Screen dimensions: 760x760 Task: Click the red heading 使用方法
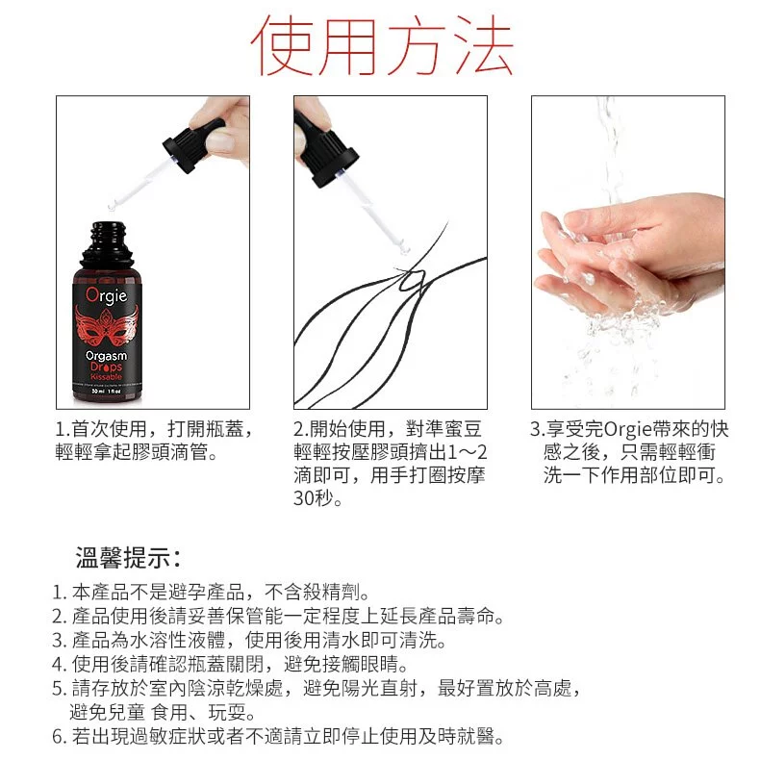382,46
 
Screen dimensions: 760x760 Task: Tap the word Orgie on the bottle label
107,295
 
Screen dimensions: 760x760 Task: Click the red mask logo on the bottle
107,326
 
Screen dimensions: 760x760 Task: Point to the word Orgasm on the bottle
106,356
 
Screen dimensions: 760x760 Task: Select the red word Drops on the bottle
106,367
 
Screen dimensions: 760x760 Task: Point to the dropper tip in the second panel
404,248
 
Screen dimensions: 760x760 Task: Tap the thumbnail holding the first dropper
220,142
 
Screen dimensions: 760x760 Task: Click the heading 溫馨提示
129,557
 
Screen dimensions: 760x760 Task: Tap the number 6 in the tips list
58,737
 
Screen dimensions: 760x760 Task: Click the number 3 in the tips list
58,641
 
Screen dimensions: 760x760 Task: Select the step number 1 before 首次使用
60,429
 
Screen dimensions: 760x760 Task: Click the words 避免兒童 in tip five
108,713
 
